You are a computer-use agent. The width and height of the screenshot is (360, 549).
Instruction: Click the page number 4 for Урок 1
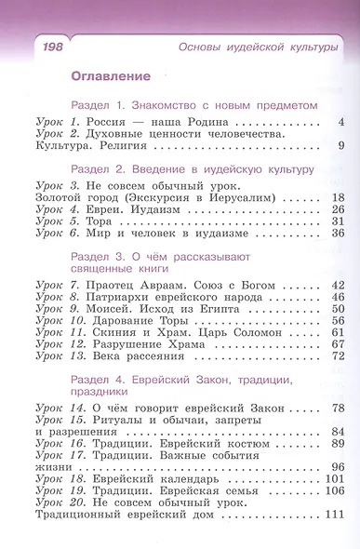(341, 122)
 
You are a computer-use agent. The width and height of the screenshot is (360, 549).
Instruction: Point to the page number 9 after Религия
(341, 145)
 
